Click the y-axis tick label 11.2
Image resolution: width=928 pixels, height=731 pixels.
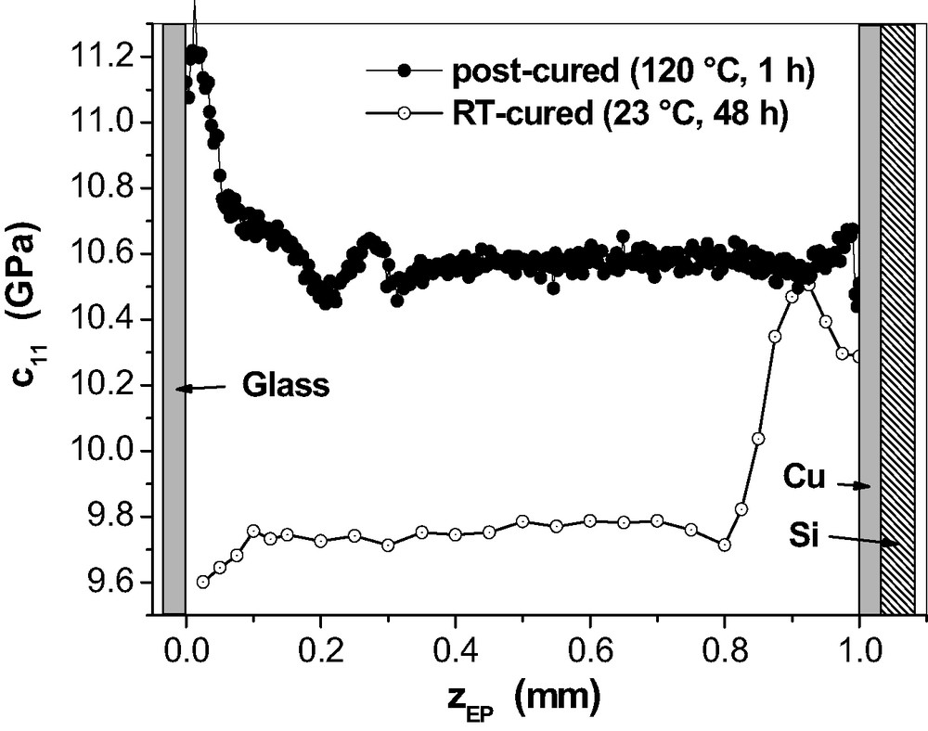click(107, 57)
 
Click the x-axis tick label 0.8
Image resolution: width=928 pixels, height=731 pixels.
click(725, 645)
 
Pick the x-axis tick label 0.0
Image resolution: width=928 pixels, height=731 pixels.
click(186, 645)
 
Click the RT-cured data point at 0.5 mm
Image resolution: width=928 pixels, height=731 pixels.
click(522, 521)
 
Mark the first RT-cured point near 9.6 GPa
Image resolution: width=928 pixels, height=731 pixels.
click(203, 582)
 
